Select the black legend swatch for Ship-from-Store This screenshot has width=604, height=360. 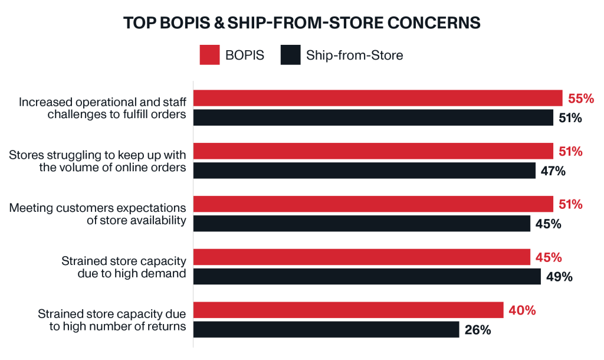pyautogui.click(x=291, y=55)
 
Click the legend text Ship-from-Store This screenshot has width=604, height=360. pyautogui.click(x=354, y=56)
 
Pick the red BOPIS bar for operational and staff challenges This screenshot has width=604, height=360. pyautogui.click(x=378, y=98)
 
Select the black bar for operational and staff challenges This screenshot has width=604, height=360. pyautogui.click(x=373, y=117)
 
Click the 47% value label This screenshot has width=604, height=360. pyautogui.click(x=554, y=171)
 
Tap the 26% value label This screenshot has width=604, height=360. pyautogui.click(x=478, y=330)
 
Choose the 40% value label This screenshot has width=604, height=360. pyautogui.click(x=522, y=310)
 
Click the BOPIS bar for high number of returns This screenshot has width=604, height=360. pyautogui.click(x=349, y=310)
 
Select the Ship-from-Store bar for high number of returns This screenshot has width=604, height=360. pyautogui.click(x=326, y=329)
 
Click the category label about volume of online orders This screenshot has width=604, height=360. pyautogui.click(x=98, y=161)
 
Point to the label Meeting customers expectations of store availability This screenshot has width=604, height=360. pyautogui.click(x=98, y=214)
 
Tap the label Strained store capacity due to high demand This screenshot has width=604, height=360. pyautogui.click(x=124, y=267)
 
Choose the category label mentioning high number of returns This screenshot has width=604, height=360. pyautogui.click(x=112, y=320)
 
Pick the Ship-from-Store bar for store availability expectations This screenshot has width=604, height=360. pyautogui.click(x=362, y=224)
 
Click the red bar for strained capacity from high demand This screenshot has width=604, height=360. pyautogui.click(x=362, y=257)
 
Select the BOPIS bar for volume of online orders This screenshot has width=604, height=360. pyautogui.click(x=373, y=151)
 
